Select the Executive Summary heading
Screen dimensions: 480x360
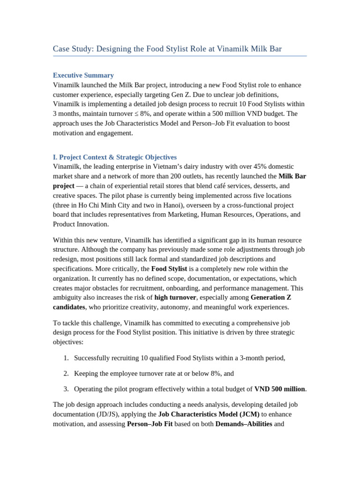pos(83,75)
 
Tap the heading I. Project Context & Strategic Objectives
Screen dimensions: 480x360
pos(114,157)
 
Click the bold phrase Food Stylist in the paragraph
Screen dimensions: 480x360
pos(169,269)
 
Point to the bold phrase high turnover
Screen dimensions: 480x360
pos(175,297)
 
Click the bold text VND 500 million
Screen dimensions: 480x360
pos(279,389)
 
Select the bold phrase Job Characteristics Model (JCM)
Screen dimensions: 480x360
pos(209,414)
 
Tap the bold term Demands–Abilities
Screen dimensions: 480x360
pos(243,424)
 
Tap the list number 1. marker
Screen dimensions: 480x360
pos(66,358)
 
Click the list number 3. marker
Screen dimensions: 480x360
pos(66,389)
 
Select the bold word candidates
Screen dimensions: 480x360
pos(69,307)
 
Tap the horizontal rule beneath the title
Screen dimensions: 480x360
pos(180,56)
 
